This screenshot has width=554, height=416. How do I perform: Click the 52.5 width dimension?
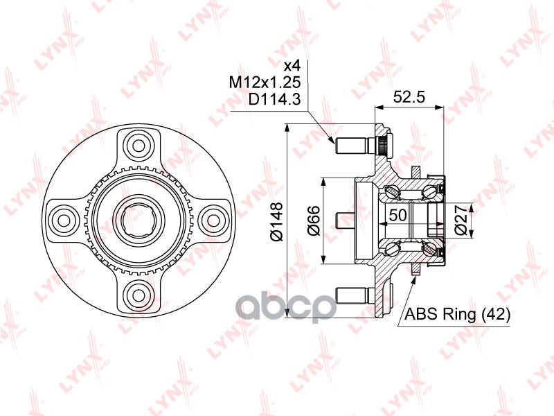pyautogui.click(x=408, y=98)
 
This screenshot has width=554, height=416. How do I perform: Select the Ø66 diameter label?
pyautogui.click(x=313, y=220)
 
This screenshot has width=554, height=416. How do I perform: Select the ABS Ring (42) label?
pyautogui.click(x=458, y=315)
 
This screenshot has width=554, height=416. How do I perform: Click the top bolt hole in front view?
pyautogui.click(x=138, y=146)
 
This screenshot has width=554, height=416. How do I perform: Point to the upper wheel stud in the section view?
pyautogui.click(x=350, y=146)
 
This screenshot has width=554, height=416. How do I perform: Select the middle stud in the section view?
pyautogui.click(x=346, y=220)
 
